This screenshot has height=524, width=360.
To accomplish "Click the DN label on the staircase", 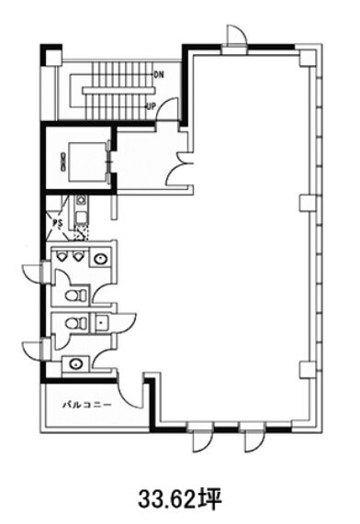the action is click(x=159, y=74).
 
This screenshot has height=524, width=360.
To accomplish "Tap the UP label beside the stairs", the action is click(x=152, y=106).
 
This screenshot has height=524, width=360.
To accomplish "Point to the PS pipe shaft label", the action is click(x=58, y=223).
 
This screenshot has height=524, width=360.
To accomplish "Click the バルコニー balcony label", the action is click(x=87, y=405).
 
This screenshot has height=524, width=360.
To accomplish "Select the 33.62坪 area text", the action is click(x=180, y=499).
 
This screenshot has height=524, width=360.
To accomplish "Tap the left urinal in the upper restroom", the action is click(x=62, y=257).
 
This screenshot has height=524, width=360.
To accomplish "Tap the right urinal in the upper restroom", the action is click(x=78, y=257).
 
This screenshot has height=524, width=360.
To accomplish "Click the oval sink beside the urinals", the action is click(x=100, y=258).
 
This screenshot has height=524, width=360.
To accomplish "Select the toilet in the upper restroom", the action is click(x=75, y=295).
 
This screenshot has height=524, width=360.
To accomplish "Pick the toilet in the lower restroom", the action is click(x=75, y=323).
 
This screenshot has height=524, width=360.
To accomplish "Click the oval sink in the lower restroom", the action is click(x=76, y=363).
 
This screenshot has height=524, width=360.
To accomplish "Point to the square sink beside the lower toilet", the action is click(x=101, y=323).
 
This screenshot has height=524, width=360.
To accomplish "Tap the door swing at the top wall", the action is click(x=237, y=35).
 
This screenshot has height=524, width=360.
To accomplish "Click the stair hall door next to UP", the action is click(x=167, y=107).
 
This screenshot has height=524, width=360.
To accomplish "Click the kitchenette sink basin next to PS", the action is click(x=81, y=217).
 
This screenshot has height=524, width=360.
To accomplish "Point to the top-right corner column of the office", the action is click(x=307, y=58).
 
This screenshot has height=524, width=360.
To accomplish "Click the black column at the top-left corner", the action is click(x=51, y=55).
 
